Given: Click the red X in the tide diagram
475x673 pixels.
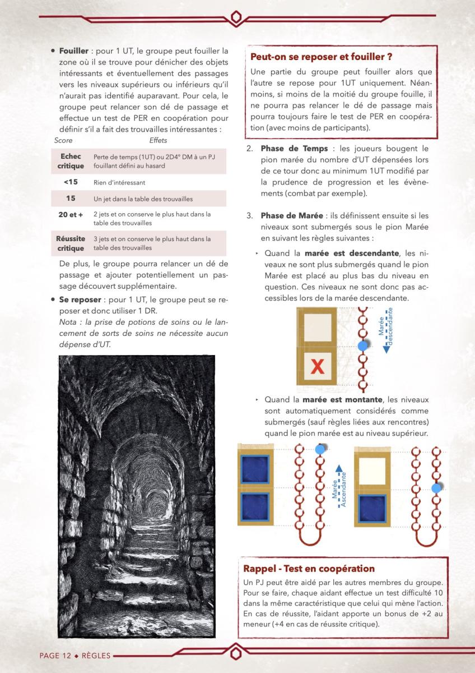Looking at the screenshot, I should pos(318,367).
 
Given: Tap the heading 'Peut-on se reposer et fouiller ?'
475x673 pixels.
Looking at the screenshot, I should pos(321,57).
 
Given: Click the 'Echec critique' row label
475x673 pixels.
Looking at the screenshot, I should pos(71,161).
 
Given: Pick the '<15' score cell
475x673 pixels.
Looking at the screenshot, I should pos(71,182).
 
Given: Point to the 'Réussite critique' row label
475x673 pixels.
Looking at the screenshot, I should pos(71,243).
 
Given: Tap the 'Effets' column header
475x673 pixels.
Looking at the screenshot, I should pos(158,140).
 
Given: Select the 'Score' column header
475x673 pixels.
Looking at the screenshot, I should pos(63,140).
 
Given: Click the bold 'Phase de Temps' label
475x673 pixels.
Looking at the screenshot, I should pos(294,149).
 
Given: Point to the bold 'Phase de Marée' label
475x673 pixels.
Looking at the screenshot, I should pos(294,216).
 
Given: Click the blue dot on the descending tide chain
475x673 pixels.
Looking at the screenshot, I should pos(362,347).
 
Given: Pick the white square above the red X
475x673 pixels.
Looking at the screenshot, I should pos(318,326).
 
